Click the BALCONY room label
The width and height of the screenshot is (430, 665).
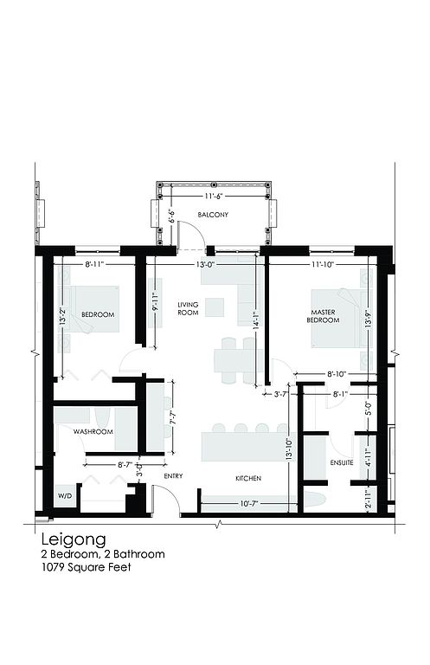(213, 215)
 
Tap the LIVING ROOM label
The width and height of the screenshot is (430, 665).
(188, 309)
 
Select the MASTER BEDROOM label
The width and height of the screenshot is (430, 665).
(324, 316)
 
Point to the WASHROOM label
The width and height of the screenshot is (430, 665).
(93, 432)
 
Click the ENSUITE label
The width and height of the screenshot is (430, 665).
(342, 462)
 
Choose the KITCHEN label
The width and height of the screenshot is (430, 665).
(248, 478)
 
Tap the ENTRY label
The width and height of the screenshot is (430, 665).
(173, 476)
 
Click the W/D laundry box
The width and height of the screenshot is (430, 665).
(65, 495)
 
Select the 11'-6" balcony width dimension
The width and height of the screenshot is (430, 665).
(214, 197)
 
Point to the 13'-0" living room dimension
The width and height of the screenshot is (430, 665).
(205, 265)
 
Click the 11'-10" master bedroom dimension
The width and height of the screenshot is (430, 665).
(324, 265)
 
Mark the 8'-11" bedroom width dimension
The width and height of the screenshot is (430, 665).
(94, 265)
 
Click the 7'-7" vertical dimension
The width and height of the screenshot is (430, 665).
(172, 416)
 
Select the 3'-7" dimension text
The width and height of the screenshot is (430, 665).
(280, 394)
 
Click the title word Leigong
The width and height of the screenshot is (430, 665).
(74, 540)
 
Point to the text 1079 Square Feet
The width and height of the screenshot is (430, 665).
(86, 567)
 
